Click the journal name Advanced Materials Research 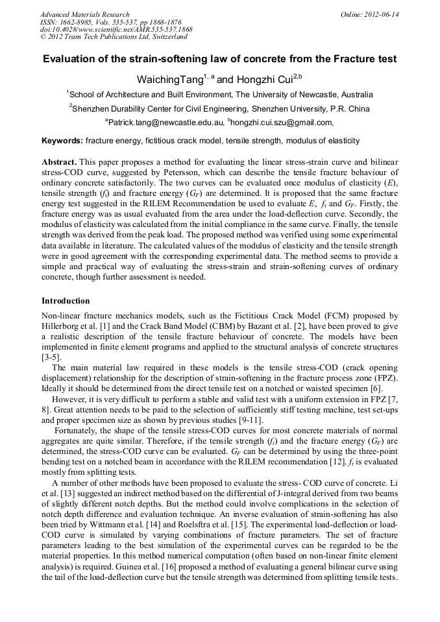pos(84,14)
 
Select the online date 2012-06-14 pos(381,14)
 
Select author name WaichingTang pos(167,80)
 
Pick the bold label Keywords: pos(62,141)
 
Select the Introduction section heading pos(66,301)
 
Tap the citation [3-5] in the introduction pos(51,357)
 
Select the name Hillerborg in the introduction pos(63,326)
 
